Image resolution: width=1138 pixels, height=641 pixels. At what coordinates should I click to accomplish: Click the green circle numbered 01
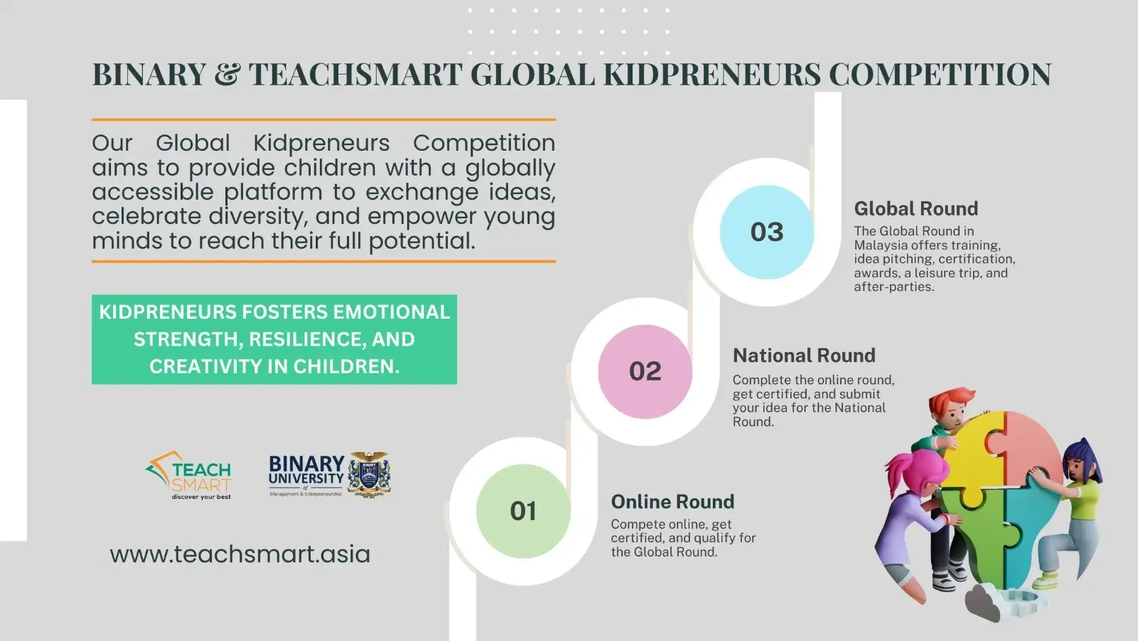[x=523, y=511]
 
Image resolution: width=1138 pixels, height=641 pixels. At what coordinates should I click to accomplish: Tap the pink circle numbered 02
[x=645, y=371]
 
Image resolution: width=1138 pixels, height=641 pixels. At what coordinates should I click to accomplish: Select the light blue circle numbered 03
[x=767, y=232]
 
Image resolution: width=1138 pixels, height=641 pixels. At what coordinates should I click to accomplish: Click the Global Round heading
[x=915, y=208]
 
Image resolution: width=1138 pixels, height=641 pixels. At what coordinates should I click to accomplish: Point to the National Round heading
[x=804, y=355]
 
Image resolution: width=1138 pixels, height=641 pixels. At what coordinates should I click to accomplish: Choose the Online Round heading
[x=672, y=502]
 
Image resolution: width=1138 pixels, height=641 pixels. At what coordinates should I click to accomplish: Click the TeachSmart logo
[x=189, y=475]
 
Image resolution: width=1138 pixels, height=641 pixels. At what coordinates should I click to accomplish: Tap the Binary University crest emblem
[x=369, y=475]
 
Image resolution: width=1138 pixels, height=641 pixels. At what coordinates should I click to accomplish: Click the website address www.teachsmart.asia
[x=240, y=554]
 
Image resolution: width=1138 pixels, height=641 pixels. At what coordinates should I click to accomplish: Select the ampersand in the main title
[x=227, y=74]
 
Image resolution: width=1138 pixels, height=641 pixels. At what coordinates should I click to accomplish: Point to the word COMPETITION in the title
[x=940, y=74]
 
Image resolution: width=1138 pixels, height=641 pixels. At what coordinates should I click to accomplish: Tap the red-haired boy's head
[x=951, y=407]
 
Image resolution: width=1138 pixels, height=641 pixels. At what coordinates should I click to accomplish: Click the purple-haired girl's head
[x=1082, y=460]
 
